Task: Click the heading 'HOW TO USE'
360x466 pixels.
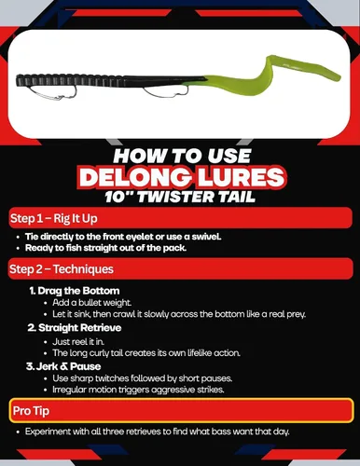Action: pos(182,156)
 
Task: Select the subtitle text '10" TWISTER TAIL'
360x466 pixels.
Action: pos(180,197)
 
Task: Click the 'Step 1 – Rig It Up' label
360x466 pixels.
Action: pos(54,218)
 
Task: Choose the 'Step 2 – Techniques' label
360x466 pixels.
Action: pos(62,269)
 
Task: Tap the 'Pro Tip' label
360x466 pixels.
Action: pos(31,411)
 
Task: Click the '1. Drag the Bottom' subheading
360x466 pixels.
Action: pos(75,291)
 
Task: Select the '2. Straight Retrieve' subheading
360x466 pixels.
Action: pos(75,328)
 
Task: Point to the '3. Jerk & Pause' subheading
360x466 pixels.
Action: pos(63,366)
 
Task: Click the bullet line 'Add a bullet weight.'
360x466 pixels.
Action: pos(92,303)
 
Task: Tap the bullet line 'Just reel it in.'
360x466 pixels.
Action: pos(78,342)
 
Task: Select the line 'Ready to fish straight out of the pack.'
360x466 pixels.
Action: pos(105,248)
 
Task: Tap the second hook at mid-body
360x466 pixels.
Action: pos(166,92)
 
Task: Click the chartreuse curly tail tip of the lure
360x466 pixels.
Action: pos(336,76)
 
